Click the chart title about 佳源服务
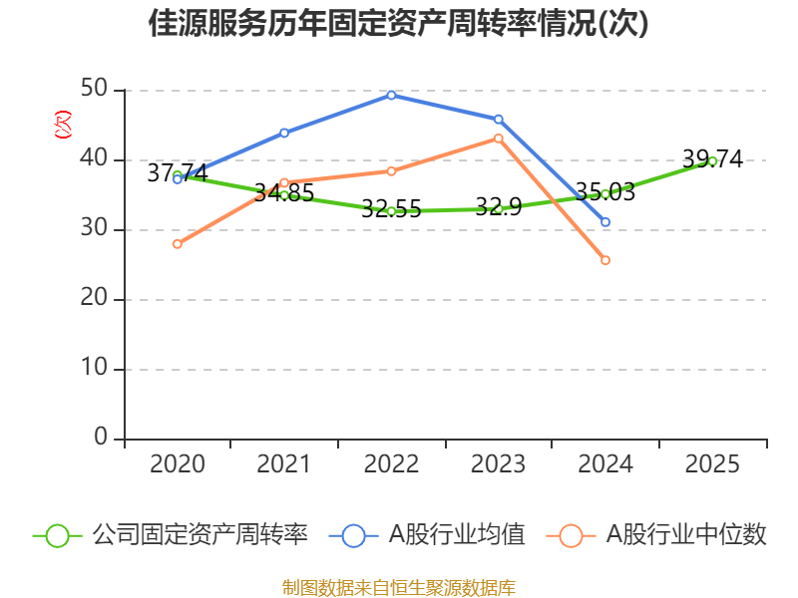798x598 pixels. pyautogui.click(x=399, y=24)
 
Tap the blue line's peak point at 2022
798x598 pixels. pyautogui.click(x=391, y=95)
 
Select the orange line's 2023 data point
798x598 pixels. pyautogui.click(x=499, y=138)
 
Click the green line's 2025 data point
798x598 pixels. pyautogui.click(x=712, y=160)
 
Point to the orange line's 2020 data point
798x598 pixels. pyautogui.click(x=178, y=244)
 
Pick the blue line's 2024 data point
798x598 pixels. pyautogui.click(x=605, y=222)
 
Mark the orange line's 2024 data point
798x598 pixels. pyautogui.click(x=605, y=260)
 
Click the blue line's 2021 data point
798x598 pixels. pyautogui.click(x=284, y=133)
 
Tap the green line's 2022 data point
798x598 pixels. pyautogui.click(x=391, y=211)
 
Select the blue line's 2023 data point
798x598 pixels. pyautogui.click(x=499, y=120)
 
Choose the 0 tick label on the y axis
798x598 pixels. pyautogui.click(x=101, y=439)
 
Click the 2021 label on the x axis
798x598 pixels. pyautogui.click(x=284, y=464)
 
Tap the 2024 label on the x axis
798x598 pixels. pyautogui.click(x=605, y=464)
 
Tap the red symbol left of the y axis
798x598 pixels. pyautogui.click(x=63, y=125)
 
